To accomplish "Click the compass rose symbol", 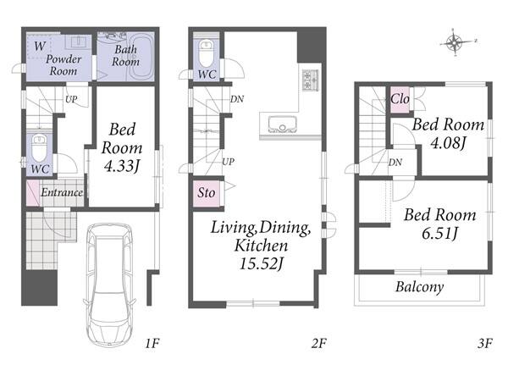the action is [455, 42].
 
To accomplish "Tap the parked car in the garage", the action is [110, 285].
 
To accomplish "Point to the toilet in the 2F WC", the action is [206, 53].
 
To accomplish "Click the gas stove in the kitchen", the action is [310, 80].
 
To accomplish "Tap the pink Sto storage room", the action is [207, 193].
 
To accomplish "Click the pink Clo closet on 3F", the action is [400, 100].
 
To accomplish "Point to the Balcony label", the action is [420, 287].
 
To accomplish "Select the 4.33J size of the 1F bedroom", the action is [121, 166].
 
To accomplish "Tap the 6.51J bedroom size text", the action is [439, 233].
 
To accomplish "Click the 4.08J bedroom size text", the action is [448, 142].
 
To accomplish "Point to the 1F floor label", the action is [152, 343].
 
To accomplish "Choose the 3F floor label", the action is [485, 343].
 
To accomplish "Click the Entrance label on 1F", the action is [62, 192].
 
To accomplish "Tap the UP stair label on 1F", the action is [71, 99].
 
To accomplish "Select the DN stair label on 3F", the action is [395, 162].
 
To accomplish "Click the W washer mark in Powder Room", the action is [40, 46].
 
